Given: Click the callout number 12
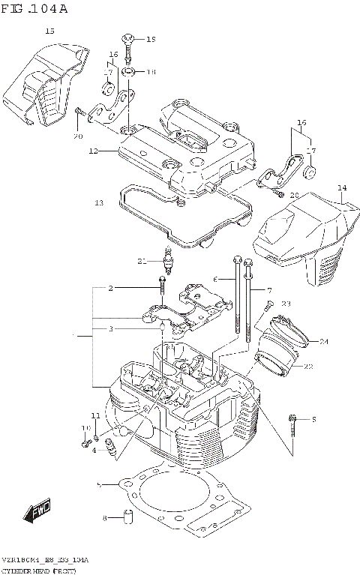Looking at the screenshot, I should pos(93,151).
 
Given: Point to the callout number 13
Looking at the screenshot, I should pos(98,202).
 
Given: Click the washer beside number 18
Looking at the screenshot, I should pos(129,73).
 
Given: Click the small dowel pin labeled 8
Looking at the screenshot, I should pos(128,517).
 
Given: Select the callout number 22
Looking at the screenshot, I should pos(307,366).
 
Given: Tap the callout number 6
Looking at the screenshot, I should pos(214,279).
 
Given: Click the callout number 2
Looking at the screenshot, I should pos(110,288).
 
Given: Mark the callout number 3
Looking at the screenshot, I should pos(110,328).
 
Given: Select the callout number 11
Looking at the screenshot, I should pos(95,415).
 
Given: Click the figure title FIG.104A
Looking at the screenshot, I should pos(35,9).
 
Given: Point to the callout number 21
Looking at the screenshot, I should pos(140,261).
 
